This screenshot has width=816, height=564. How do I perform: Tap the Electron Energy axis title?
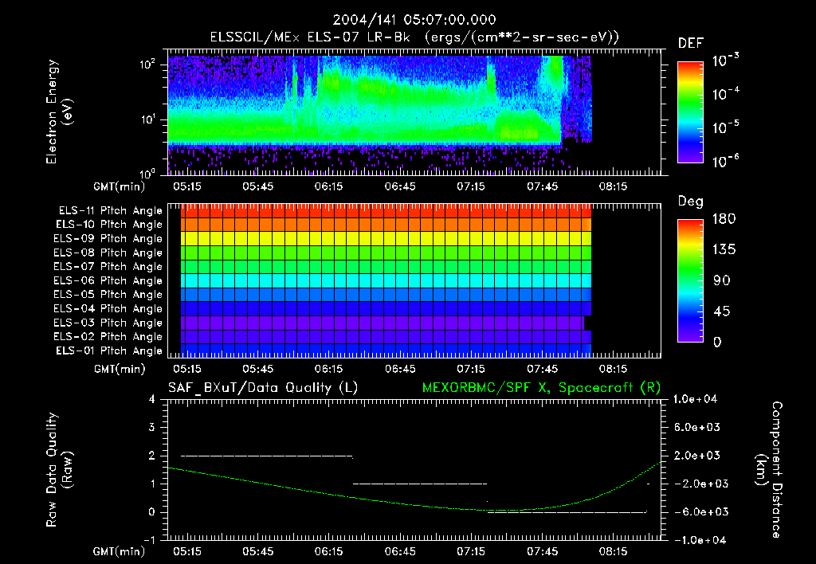tap(60, 114)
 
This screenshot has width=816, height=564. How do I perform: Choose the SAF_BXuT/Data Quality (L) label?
tap(262, 387)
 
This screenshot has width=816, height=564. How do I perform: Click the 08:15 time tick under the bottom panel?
tap(613, 551)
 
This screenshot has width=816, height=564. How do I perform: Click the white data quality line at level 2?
tap(267, 456)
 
